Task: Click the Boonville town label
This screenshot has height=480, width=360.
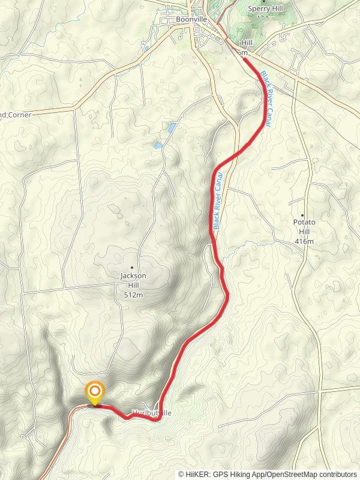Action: point(191,19)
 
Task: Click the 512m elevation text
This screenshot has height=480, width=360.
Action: point(133,295)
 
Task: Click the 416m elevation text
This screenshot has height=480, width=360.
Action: point(304,241)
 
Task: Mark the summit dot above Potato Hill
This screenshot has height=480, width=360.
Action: point(303,215)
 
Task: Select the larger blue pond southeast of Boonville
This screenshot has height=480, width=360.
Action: point(172,128)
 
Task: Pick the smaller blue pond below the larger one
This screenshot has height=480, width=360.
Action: point(158,145)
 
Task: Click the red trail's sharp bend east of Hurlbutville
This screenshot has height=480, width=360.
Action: point(159,419)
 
